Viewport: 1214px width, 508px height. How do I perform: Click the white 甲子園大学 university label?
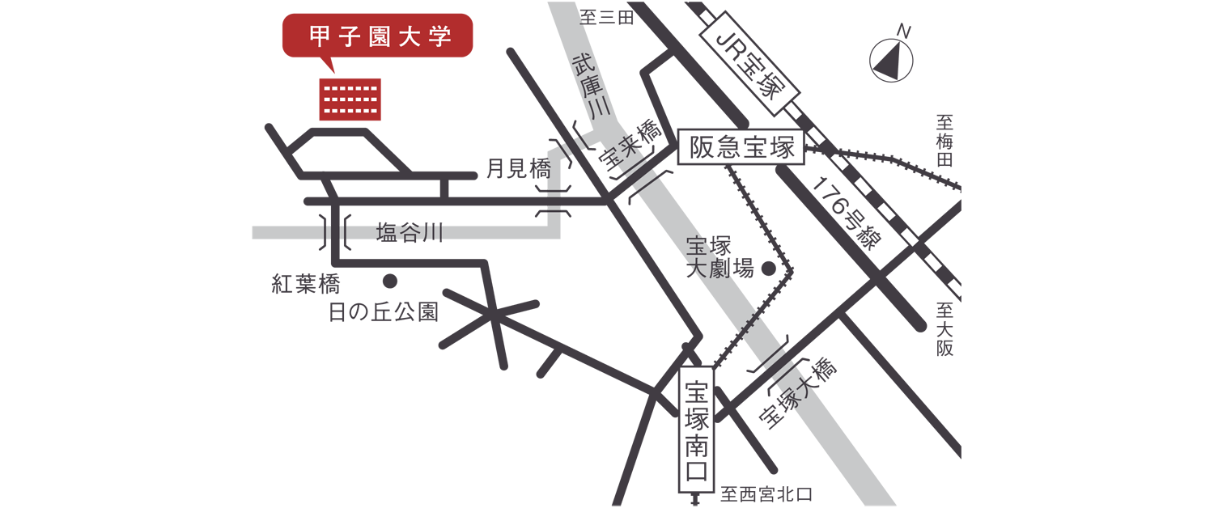pos(380,37)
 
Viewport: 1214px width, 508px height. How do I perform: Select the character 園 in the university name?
pos(380,37)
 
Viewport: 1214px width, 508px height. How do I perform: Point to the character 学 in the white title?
pos(440,37)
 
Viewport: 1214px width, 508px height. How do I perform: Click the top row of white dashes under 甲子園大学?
pos(350,89)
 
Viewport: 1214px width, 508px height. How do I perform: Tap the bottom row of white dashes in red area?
pos(350,109)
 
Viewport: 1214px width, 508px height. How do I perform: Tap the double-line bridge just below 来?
pos(646,176)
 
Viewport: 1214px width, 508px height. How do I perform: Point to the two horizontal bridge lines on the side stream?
pos(554,202)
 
